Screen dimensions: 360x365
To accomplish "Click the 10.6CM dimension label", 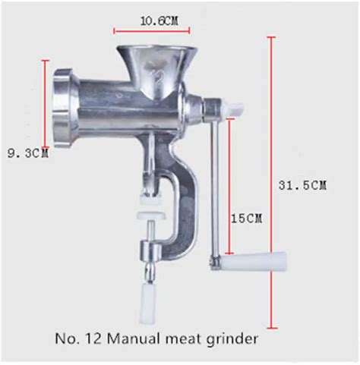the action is coord(159,20).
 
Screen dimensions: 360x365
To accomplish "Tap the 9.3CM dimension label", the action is coord(28,153).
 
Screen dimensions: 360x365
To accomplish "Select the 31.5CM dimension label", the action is coord(302,185).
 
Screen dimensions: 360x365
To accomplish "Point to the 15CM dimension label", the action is coord(246,218).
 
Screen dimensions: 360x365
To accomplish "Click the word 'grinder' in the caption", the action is coord(232,339).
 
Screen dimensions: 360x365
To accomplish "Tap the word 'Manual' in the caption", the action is coord(134,338).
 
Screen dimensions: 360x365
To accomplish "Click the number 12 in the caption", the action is coord(93,338).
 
